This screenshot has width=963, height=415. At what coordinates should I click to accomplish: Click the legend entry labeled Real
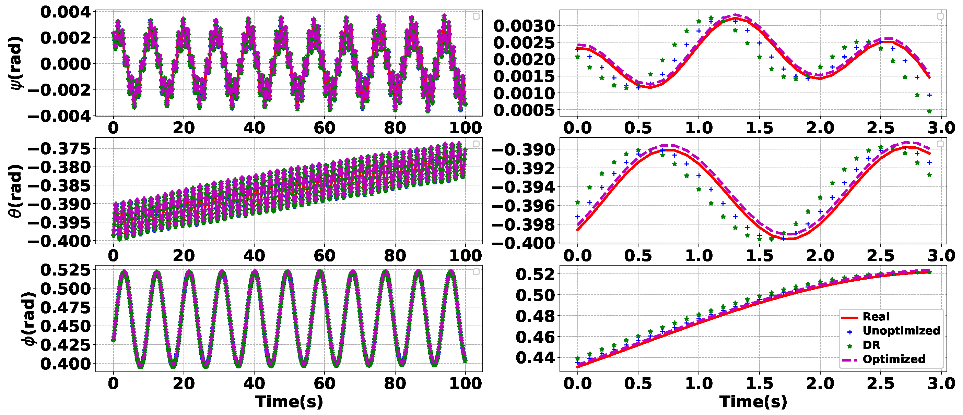[876, 317]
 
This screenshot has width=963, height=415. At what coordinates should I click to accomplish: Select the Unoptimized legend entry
[901, 331]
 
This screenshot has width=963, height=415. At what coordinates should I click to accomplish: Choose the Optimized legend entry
[893, 359]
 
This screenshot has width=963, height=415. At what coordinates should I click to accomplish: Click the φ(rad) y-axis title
[28, 318]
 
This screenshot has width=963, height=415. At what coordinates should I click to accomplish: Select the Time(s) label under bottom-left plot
[289, 402]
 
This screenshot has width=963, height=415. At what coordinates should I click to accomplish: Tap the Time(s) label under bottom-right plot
[753, 402]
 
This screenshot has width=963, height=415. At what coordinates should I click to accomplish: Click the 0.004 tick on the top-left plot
[66, 12]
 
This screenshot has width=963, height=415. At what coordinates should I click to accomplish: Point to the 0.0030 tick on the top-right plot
[524, 26]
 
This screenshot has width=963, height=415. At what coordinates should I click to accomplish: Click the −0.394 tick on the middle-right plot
[524, 187]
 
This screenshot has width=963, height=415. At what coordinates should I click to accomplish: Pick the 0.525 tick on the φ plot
[66, 270]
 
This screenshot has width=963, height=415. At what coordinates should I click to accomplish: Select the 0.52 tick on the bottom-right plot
[535, 274]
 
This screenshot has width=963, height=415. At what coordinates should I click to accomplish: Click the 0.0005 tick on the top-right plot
[524, 111]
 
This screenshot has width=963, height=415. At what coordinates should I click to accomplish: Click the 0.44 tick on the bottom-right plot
[535, 358]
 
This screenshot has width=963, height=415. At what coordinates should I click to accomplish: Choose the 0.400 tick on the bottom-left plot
[66, 364]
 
